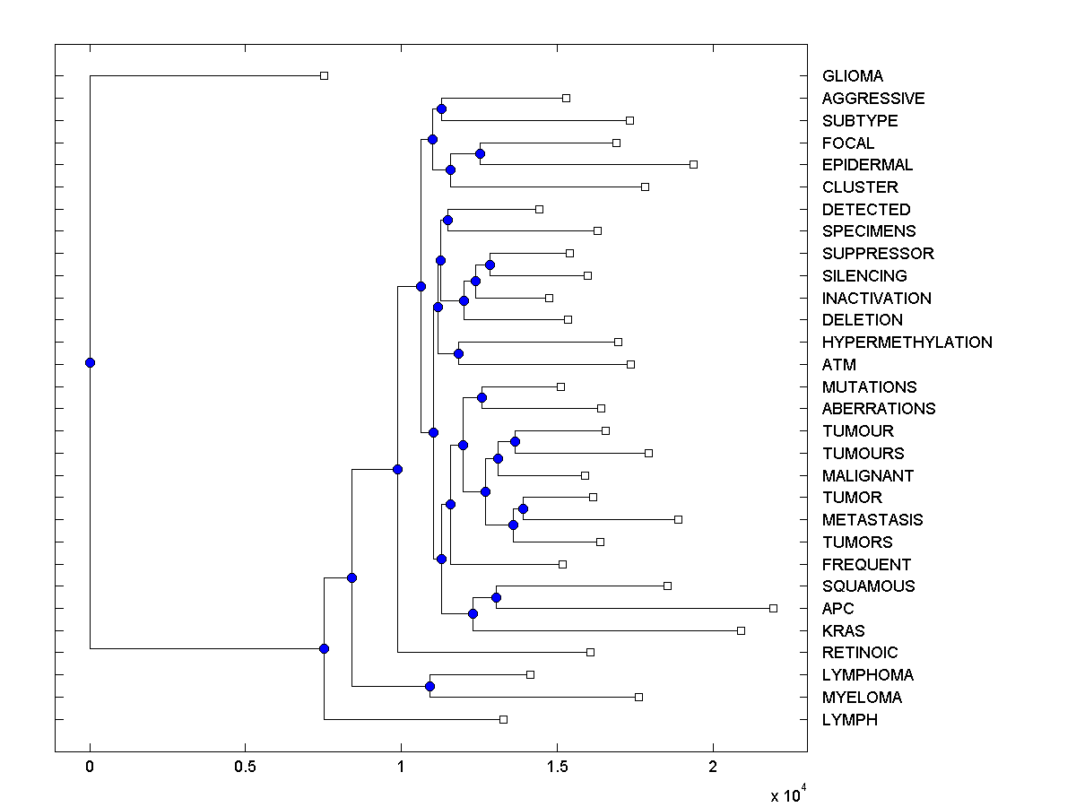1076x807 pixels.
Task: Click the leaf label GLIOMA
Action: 852,76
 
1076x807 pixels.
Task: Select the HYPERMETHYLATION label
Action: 907,343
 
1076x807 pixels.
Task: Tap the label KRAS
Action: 843,631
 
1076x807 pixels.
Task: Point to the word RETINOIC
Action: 859,653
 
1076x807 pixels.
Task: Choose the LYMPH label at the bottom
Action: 849,720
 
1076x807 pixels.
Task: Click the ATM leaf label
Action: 838,365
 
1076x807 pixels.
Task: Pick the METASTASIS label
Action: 872,520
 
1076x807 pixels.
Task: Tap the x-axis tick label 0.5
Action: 245,768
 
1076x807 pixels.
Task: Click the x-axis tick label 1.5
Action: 557,768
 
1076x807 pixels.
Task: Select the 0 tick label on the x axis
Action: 90,768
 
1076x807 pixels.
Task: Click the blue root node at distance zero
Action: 90,362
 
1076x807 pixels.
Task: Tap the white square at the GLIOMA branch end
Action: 324,75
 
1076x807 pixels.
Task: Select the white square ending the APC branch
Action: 773,608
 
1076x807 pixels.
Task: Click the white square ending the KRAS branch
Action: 741,630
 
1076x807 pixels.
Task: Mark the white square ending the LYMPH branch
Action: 503,719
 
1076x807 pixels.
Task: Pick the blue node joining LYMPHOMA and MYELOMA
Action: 430,686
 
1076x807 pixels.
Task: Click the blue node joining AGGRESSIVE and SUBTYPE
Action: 441,109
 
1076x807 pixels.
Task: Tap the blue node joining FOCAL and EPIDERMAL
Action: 480,153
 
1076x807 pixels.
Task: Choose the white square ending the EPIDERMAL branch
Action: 693,164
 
